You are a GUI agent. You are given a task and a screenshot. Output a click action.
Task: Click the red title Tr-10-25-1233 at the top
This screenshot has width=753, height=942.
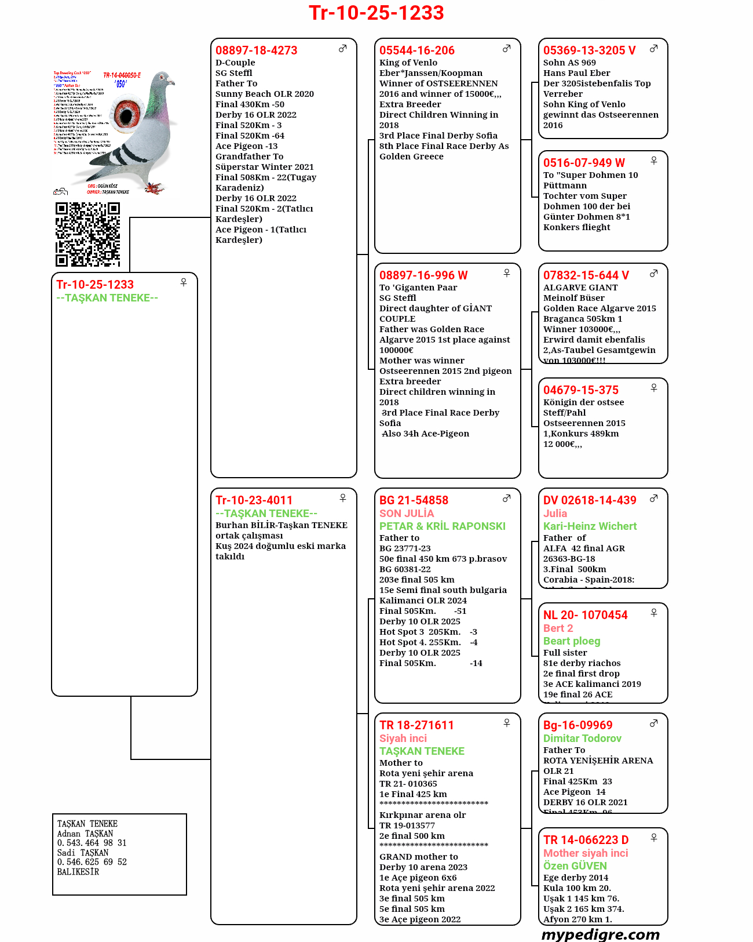pyautogui.click(x=376, y=13)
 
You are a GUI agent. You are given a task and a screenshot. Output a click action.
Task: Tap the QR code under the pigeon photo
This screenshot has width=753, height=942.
pyautogui.click(x=87, y=234)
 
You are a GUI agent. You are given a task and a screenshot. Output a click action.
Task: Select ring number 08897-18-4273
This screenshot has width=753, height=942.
pyautogui.click(x=256, y=50)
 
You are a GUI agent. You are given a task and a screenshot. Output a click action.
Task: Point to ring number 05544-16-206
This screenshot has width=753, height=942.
pyautogui.click(x=416, y=50)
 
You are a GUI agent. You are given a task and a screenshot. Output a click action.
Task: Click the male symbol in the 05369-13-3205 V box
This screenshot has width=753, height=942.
pyautogui.click(x=653, y=49)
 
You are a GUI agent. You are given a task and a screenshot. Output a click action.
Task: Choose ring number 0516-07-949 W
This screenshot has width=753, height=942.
pyautogui.click(x=584, y=163)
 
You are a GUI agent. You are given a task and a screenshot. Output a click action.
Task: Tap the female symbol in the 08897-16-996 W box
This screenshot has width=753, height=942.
pyautogui.click(x=506, y=273)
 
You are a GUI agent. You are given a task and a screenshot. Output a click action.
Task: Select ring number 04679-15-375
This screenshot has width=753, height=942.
pyautogui.click(x=580, y=390)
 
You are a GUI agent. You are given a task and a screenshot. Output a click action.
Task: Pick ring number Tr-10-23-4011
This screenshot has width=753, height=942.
pyautogui.click(x=254, y=500)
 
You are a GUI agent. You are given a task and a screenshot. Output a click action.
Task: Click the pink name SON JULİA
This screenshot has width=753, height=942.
pyautogui.click(x=406, y=514)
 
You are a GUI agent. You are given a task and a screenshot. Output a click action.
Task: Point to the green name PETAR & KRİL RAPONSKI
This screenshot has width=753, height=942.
pyautogui.click(x=442, y=526)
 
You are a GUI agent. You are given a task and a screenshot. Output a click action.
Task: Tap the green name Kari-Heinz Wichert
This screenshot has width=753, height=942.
pyautogui.click(x=590, y=526)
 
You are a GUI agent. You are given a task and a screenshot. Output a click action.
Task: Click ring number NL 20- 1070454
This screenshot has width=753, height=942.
pyautogui.click(x=585, y=615)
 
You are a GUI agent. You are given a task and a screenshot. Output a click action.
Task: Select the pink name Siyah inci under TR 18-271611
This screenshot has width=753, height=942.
pyautogui.click(x=403, y=739)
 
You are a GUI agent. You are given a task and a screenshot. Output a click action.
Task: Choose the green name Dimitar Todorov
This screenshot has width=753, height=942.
pyautogui.click(x=582, y=739)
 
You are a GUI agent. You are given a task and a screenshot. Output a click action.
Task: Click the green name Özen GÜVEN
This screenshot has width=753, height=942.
pyautogui.click(x=575, y=866)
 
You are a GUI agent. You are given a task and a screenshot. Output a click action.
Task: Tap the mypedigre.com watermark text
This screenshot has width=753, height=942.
pyautogui.click(x=600, y=934)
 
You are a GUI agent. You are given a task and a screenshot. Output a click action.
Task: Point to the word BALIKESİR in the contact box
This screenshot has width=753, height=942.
pyautogui.click(x=78, y=872)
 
